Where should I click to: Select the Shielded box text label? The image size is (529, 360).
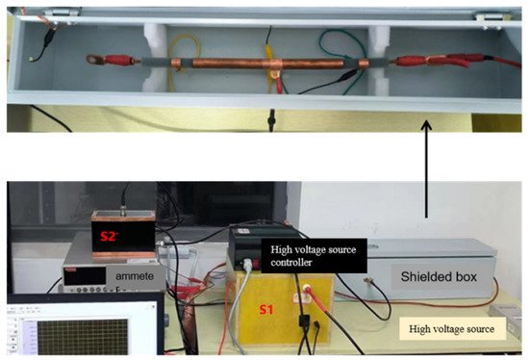point(433,276)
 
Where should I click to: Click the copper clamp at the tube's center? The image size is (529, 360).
point(274,69)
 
